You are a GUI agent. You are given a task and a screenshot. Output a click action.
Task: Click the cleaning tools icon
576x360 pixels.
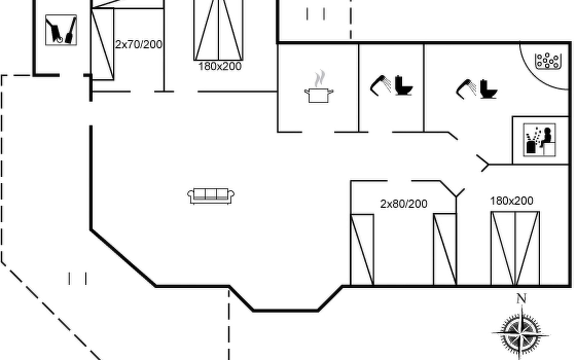61,30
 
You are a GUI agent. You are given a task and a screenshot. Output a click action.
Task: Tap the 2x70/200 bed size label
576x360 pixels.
139,45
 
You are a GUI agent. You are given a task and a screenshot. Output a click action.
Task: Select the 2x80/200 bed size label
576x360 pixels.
403,204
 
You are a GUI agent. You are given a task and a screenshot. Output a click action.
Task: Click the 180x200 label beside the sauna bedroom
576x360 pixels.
511,201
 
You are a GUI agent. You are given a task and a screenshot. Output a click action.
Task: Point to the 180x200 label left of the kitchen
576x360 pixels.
220,66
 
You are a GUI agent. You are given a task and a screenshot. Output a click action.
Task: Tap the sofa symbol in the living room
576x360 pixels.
211,196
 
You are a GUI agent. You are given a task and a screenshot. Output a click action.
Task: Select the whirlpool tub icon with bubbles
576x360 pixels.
548,61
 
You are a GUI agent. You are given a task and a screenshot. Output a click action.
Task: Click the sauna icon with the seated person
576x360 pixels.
539,140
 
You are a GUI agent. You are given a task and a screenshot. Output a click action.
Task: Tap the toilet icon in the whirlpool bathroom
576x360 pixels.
488,89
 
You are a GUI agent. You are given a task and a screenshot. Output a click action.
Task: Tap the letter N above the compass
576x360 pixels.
521,298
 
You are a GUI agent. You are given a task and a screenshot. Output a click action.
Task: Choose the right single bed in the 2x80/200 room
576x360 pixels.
445,249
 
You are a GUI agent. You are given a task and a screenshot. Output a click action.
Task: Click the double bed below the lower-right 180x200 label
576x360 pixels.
515,248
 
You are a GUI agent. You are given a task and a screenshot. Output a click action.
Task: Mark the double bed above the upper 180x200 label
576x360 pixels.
218,30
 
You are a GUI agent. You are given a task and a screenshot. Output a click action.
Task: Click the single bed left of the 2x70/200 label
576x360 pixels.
102,44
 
